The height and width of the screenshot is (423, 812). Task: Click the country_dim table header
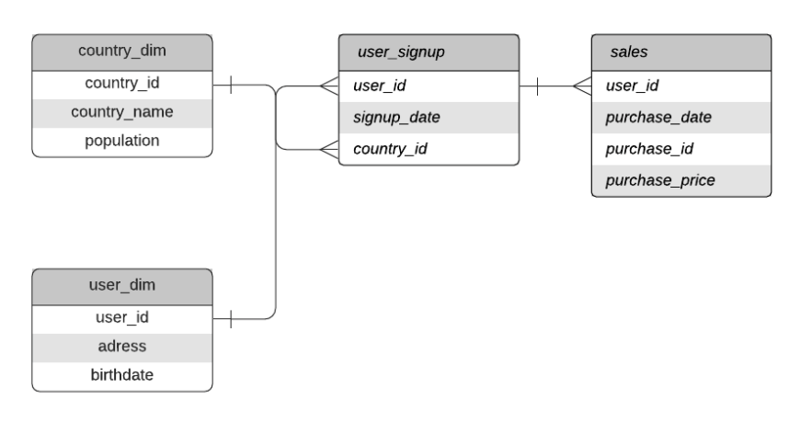[x=122, y=51]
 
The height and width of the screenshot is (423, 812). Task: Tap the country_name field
[x=122, y=112]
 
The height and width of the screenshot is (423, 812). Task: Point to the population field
[x=122, y=141]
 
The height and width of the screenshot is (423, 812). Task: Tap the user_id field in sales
[x=631, y=87]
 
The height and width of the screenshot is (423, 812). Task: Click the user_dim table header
[x=122, y=285]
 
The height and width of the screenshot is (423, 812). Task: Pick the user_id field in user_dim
[x=122, y=318]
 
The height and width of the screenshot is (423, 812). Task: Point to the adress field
[x=122, y=347]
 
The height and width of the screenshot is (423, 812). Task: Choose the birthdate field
[x=122, y=375]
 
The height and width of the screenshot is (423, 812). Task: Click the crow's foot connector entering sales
[x=581, y=87]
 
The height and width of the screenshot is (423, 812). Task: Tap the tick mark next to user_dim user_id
[x=230, y=318]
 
